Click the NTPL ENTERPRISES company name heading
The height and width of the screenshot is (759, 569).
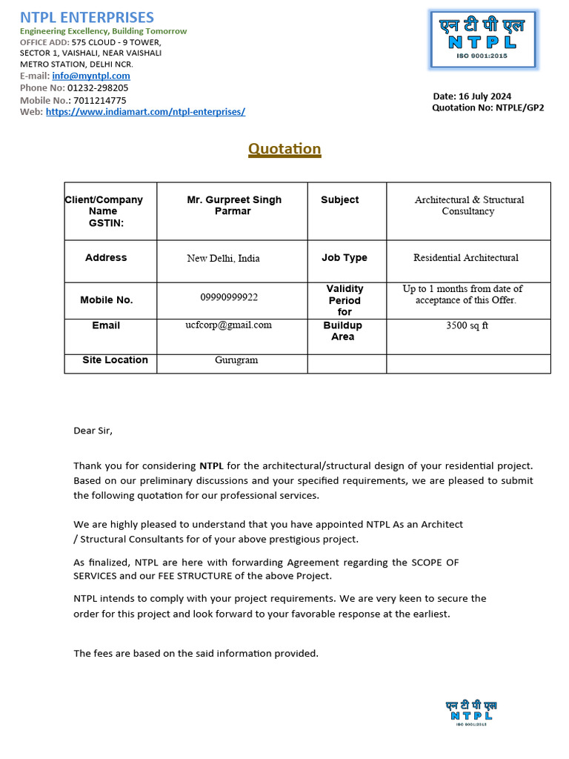click(87, 17)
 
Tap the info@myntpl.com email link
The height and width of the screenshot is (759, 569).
click(91, 76)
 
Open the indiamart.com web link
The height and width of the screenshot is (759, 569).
click(145, 112)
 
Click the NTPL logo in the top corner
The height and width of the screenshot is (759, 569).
click(483, 39)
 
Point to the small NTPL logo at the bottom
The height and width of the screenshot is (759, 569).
click(470, 713)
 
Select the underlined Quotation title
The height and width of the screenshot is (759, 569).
click(284, 149)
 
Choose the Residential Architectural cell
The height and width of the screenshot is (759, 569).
click(466, 258)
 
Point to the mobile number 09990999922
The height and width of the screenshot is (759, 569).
click(229, 297)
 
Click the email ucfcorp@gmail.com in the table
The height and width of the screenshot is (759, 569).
click(228, 325)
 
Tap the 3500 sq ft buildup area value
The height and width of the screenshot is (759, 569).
click(467, 325)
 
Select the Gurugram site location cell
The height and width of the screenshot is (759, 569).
click(236, 360)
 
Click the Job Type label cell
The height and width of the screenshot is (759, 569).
click(344, 258)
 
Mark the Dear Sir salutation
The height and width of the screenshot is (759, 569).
click(93, 430)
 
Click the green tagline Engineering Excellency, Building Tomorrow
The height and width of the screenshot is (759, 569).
click(103, 31)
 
